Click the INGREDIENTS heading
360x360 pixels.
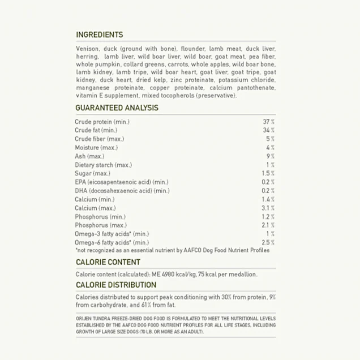pos(99,35)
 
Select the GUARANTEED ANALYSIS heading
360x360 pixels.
pos(117,108)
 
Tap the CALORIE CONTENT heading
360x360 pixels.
pos(108,262)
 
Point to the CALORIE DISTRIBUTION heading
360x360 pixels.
pos(116,285)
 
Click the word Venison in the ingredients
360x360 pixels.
pos(87,49)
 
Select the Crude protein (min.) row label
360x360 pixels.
pos(102,122)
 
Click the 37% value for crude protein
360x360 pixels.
pos(268,122)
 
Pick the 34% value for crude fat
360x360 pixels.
pos(268,130)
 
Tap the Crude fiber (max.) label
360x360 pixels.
pos(99,139)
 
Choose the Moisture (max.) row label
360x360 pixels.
pos(96,148)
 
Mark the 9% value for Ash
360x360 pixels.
pos(271,156)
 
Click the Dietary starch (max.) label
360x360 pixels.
pos(103,165)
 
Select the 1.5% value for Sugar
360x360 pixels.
pos(268,173)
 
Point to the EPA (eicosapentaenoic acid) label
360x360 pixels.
pos(121,182)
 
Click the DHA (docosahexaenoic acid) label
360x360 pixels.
pos(122,191)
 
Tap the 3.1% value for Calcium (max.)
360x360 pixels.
pos(268,208)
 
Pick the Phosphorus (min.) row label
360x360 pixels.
pos(100,217)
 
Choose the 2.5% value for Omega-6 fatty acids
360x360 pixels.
pos(268,242)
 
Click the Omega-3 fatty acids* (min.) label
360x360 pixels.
pos(112,234)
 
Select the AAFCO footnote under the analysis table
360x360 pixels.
pos(172,250)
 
